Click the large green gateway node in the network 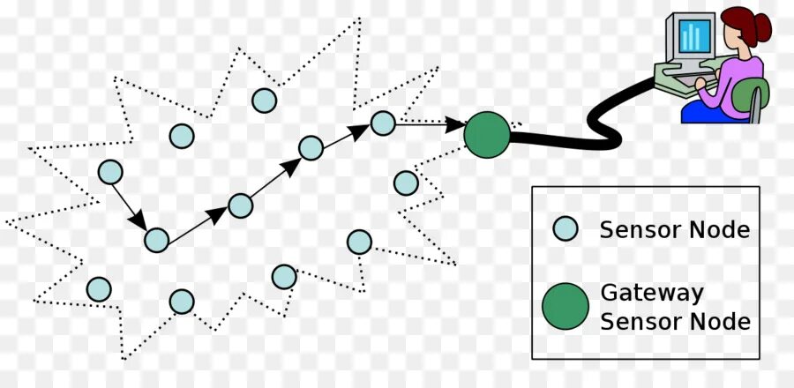[x=486, y=135]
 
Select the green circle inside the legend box [x=565, y=307]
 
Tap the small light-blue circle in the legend [x=565, y=229]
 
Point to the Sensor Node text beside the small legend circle [x=674, y=230]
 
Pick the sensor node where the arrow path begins [x=110, y=172]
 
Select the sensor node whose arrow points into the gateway [x=383, y=123]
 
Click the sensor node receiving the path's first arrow [x=156, y=239]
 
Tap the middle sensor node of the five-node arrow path [x=240, y=205]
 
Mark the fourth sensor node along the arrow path [x=311, y=148]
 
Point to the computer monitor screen [x=694, y=36]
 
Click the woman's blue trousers [x=706, y=111]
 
